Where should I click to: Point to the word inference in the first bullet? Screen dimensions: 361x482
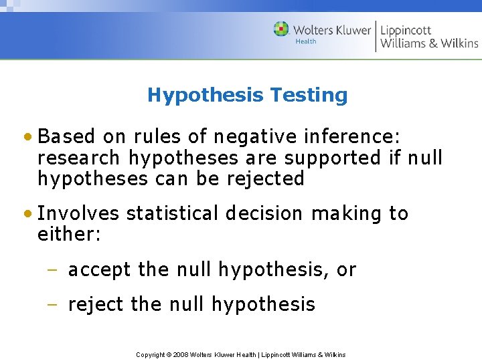[x=354, y=137]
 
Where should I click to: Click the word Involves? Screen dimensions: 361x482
[x=78, y=213]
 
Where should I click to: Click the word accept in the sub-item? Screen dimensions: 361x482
[x=100, y=270]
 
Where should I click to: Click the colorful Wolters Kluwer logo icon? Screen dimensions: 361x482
[x=281, y=29]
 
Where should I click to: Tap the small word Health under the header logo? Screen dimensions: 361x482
[x=306, y=41]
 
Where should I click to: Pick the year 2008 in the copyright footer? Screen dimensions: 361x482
[x=181, y=354]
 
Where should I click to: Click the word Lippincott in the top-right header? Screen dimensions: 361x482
[x=406, y=30]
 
